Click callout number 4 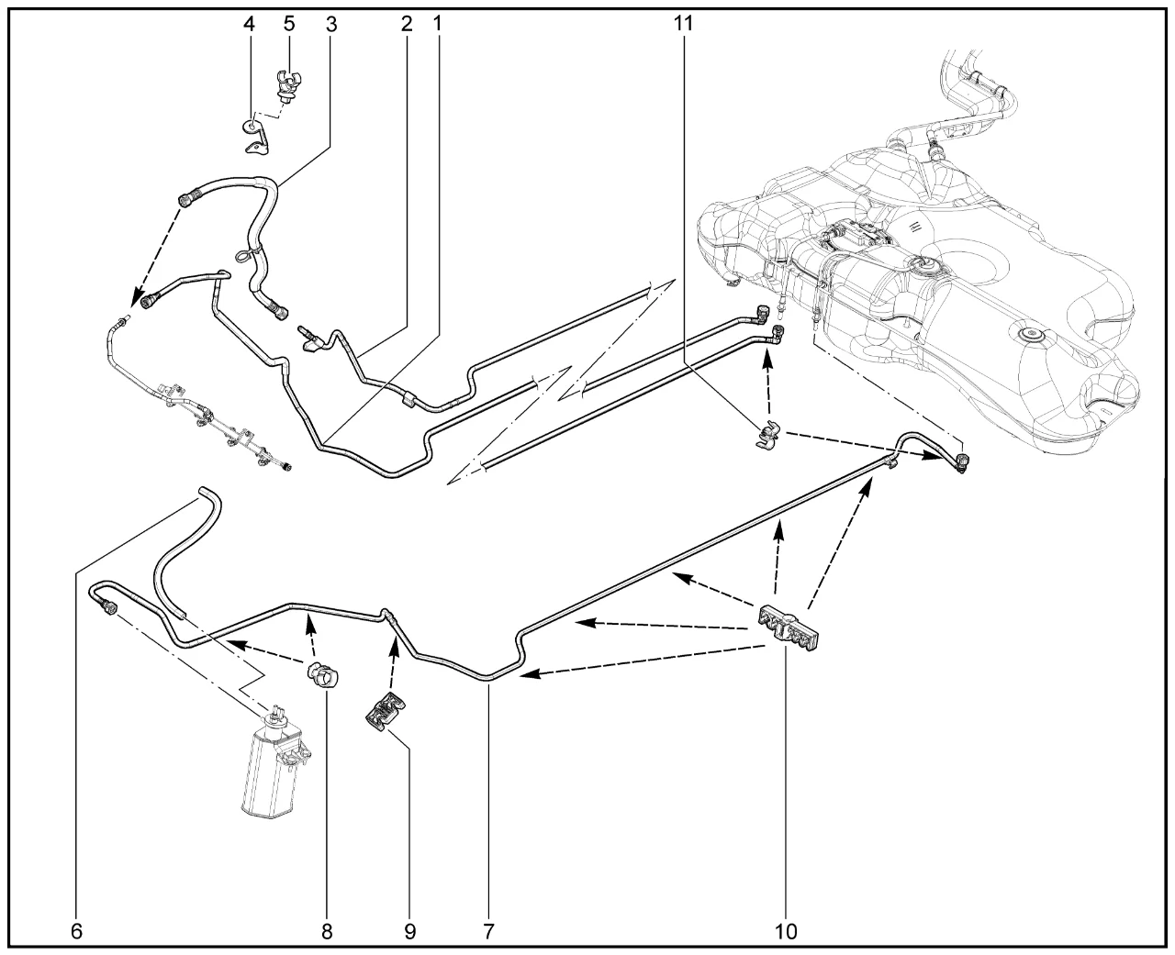coord(250,24)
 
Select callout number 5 coord(289,23)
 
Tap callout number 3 coord(331,24)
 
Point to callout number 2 coord(407,24)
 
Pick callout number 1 coord(438,23)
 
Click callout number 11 coord(683,23)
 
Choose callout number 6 coord(77,931)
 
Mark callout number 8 coord(327,932)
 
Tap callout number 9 coord(409,932)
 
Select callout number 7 coord(488,932)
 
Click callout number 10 coord(786,932)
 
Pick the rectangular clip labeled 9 coord(385,713)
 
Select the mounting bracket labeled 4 coord(256,136)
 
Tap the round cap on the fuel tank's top coord(1027,335)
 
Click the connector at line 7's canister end coord(109,606)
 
